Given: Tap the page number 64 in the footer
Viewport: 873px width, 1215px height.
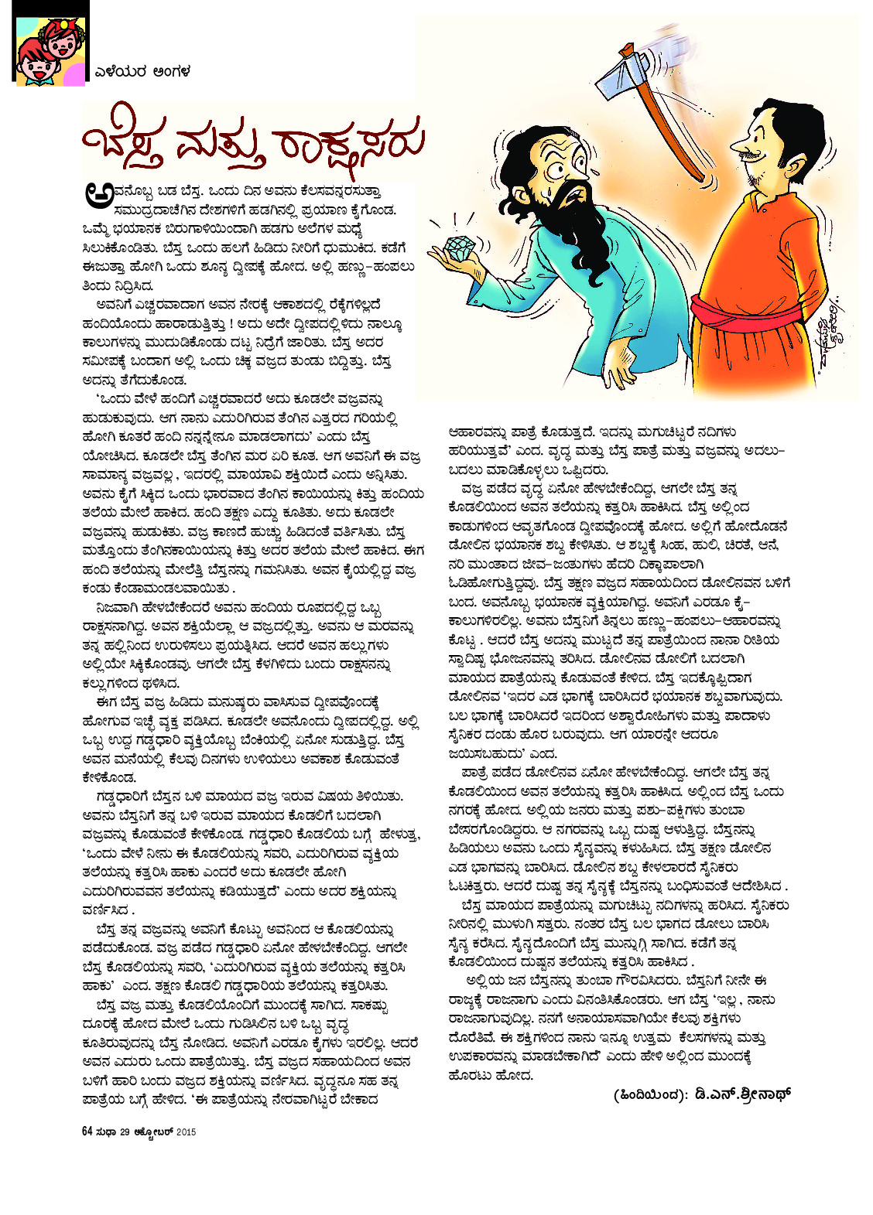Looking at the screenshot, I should coord(87,1131).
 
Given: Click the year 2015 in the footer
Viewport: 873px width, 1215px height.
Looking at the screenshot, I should coord(187,1132).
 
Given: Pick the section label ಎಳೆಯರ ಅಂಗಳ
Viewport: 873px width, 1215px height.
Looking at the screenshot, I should coord(142,72).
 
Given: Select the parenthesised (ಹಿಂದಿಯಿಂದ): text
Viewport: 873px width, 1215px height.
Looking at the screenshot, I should coord(647,1095).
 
